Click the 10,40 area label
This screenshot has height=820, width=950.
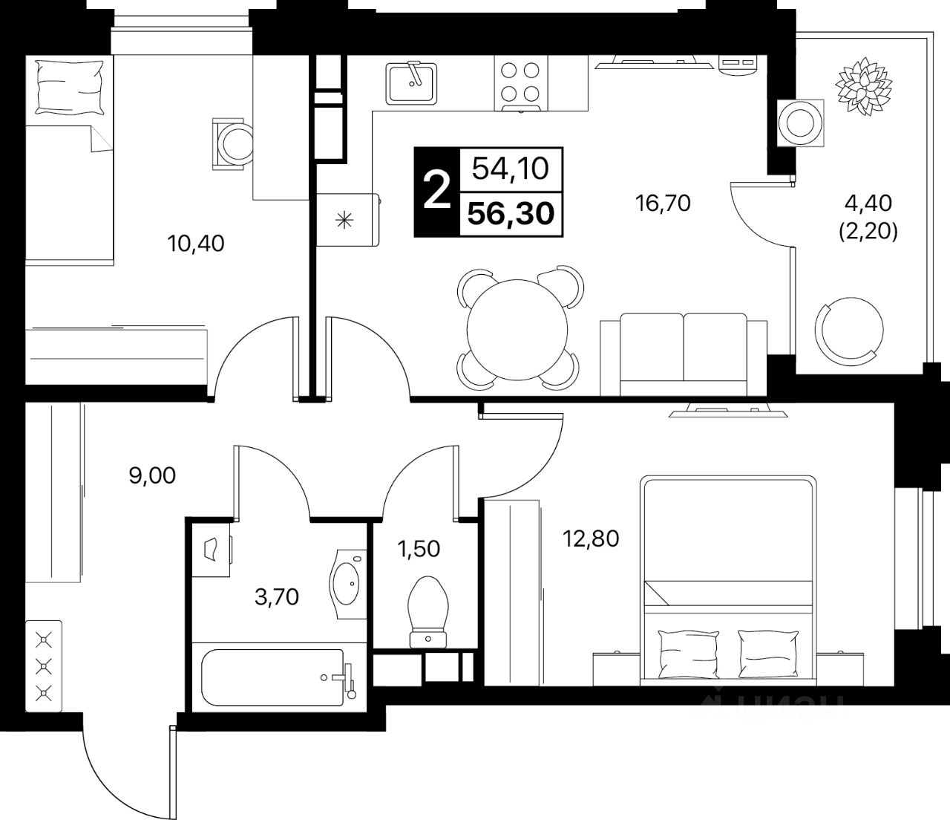197,243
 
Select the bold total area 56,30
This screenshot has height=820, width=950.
511,215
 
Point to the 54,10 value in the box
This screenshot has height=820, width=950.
511,169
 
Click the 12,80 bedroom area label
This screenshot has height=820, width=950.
591,538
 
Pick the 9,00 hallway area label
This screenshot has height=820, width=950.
152,475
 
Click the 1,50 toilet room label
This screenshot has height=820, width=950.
418,549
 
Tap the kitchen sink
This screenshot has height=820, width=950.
411,82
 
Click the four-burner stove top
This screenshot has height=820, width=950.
520,82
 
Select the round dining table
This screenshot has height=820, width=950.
520,328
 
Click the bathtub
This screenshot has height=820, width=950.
273,677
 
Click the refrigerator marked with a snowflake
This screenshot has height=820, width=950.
346,219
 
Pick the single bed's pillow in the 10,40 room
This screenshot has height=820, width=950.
69,84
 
